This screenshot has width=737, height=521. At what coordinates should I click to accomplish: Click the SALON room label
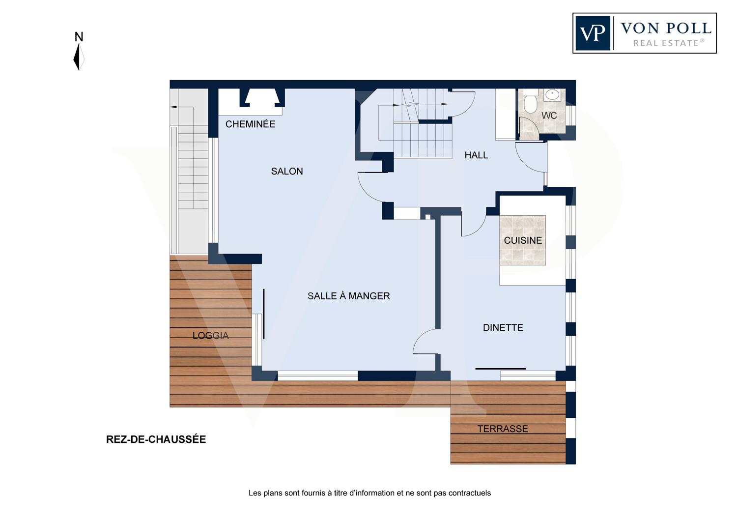[287, 171]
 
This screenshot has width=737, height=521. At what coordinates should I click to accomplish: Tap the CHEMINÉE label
[250, 124]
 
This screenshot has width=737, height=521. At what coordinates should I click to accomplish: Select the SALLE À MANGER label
[349, 296]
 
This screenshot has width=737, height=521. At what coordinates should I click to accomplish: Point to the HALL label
[476, 155]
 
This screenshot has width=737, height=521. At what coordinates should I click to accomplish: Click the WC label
[549, 116]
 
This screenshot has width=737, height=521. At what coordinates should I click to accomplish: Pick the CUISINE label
[523, 240]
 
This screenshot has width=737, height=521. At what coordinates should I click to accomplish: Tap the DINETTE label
[503, 327]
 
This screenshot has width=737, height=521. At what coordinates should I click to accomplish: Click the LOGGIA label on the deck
[211, 335]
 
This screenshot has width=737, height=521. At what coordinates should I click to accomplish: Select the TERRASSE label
[503, 429]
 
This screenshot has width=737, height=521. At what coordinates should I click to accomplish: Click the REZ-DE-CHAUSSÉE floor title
[156, 439]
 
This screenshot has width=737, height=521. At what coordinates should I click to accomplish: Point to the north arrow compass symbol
[79, 57]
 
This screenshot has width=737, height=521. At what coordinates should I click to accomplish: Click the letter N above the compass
[79, 36]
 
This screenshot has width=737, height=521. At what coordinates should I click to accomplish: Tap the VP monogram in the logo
[593, 33]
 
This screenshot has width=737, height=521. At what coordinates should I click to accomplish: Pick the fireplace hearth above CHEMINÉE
[262, 98]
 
